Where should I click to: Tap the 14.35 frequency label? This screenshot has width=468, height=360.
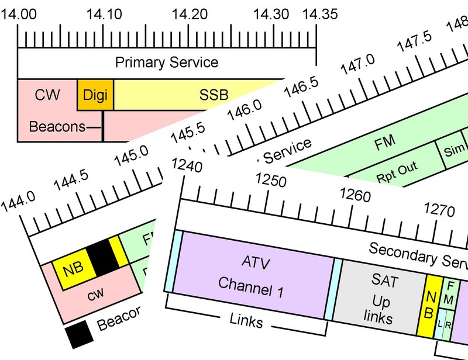pos(316,13)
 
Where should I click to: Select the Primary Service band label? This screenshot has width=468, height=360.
pos(167,63)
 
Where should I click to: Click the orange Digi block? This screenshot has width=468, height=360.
pos(95,95)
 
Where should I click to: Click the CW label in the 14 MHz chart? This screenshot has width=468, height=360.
pos(47,94)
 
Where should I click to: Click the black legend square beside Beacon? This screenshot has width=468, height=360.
pos(79,333)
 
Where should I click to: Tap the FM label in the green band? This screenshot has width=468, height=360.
pos(384,141)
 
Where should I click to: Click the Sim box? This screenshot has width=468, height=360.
pos(453,151)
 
